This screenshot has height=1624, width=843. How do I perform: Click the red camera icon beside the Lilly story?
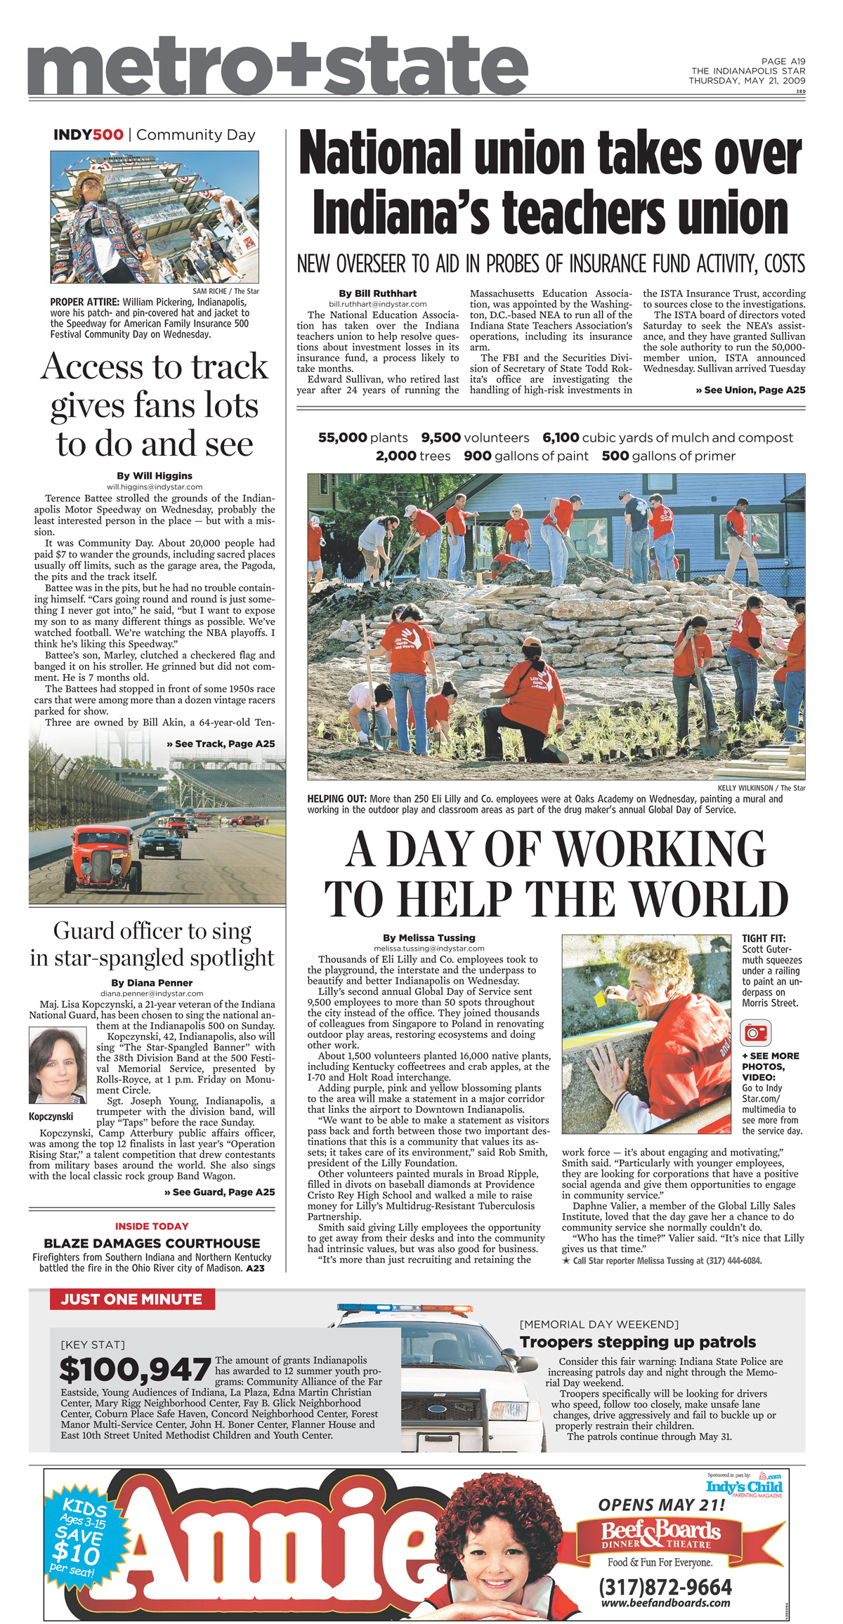(x=756, y=1033)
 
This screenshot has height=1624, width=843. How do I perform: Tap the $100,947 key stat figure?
(x=135, y=1370)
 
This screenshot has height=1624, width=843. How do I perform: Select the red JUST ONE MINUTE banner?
(x=132, y=1299)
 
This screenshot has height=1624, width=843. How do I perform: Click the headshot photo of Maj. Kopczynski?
(x=58, y=1065)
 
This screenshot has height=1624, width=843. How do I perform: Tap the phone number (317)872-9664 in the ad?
(x=665, y=1587)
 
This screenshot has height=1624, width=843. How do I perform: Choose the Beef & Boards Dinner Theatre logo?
(x=661, y=1535)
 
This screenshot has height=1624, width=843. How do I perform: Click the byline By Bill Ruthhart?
(x=377, y=293)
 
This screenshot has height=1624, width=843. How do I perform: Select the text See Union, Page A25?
(x=750, y=390)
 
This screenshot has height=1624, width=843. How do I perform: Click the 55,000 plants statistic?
(x=362, y=437)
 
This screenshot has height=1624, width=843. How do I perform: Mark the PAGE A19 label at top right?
(x=783, y=62)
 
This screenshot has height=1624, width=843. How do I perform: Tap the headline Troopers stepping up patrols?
(x=638, y=1342)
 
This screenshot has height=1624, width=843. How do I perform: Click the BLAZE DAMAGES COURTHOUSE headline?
(x=152, y=1243)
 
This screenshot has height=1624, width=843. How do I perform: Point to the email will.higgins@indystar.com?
(x=155, y=487)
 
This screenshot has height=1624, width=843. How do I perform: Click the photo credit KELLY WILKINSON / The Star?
(x=762, y=788)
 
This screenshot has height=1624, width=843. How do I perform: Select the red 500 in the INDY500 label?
(x=107, y=135)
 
